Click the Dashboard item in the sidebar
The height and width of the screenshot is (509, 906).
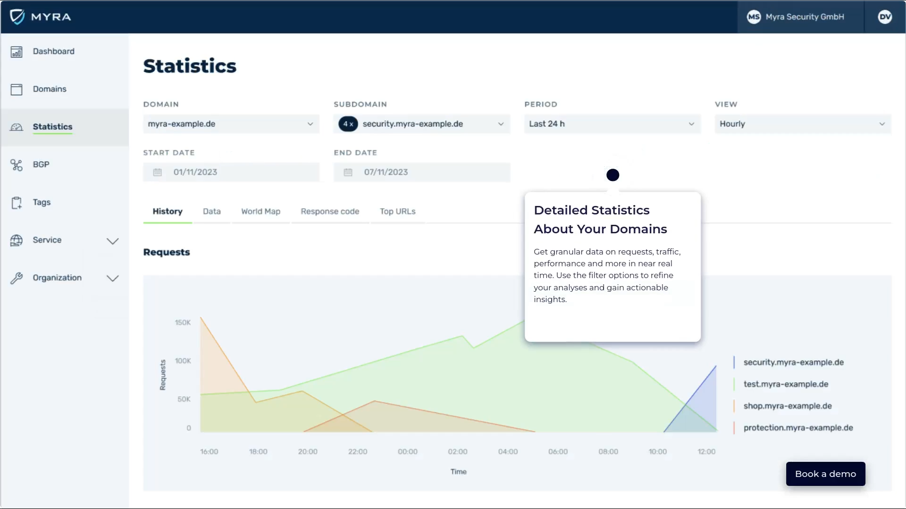(x=53, y=51)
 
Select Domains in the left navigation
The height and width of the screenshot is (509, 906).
(x=49, y=89)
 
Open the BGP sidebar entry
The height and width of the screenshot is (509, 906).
(x=41, y=164)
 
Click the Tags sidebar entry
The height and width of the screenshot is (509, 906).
(x=42, y=202)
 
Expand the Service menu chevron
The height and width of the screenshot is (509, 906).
(x=112, y=241)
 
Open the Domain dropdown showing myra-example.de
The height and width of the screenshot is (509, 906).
(x=231, y=124)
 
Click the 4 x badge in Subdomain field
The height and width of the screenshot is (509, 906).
(x=348, y=124)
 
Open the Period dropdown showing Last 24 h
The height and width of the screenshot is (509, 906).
(x=612, y=124)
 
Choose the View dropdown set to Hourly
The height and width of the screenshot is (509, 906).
(x=802, y=124)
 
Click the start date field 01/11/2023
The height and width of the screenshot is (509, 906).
(x=231, y=172)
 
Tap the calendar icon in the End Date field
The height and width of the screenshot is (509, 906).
(x=348, y=172)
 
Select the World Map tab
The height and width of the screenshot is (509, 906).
(x=260, y=212)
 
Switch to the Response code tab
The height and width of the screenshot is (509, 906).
(x=330, y=212)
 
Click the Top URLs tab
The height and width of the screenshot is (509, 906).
(x=397, y=212)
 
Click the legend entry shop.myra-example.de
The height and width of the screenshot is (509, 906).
(x=787, y=406)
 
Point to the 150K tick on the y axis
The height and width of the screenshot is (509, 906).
(x=183, y=323)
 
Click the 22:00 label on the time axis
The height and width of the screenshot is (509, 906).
(x=358, y=452)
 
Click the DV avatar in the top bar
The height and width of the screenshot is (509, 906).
(x=884, y=17)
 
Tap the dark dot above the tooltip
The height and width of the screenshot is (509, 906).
(x=612, y=175)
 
